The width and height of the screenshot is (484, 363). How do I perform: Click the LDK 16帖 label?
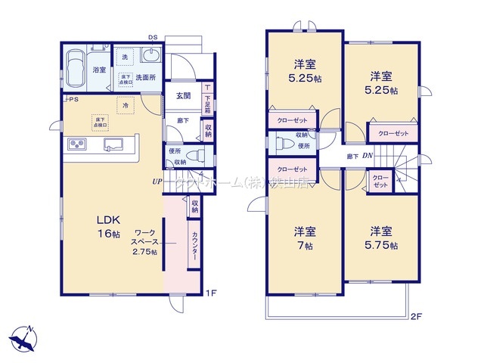tap(107, 226)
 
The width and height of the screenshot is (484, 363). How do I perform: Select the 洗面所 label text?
tap(147, 77)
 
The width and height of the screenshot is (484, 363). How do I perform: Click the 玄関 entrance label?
tap(184, 95)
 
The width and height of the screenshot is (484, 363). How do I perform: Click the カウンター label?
tap(194, 246)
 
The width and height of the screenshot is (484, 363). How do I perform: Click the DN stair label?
tap(367, 157)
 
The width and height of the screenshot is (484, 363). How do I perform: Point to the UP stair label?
tap(157, 181)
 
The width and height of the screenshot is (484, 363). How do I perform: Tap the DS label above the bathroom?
tap(152, 36)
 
